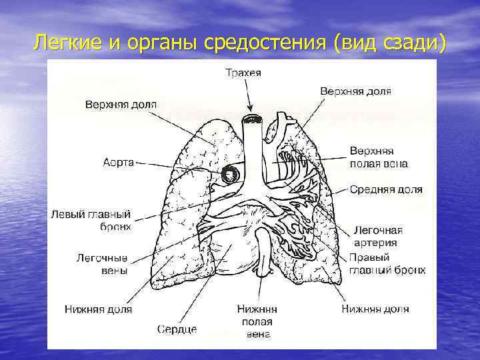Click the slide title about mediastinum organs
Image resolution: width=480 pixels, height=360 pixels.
point(240,43)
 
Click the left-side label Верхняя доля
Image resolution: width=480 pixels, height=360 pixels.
point(121,105)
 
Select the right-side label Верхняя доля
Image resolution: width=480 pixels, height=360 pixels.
point(355,91)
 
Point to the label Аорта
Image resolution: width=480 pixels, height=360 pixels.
point(119,162)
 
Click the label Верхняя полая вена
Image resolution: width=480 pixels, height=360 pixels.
point(379,157)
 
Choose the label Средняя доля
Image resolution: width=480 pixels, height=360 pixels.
point(386,189)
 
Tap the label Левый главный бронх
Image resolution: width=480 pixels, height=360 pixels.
point(91,221)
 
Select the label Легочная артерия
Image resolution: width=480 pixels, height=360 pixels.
point(378,236)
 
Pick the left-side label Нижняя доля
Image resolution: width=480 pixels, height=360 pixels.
point(98,309)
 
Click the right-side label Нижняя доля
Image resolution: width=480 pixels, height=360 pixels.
point(375,309)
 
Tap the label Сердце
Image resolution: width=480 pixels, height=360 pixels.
point(177,329)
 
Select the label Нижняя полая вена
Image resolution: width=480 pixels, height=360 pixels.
point(257,321)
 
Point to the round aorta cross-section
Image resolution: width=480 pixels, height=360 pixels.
point(231,174)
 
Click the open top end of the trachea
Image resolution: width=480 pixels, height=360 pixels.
point(251,120)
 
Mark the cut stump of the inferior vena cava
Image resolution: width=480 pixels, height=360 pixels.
point(265,270)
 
